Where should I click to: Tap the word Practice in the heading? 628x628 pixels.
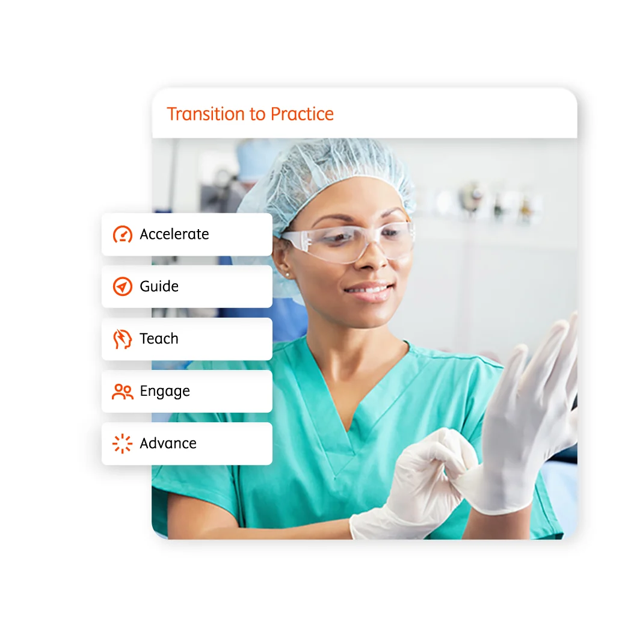click(x=302, y=114)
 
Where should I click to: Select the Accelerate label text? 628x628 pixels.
click(x=174, y=234)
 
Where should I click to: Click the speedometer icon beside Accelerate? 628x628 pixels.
click(x=123, y=234)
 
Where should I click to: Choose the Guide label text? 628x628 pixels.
click(x=159, y=286)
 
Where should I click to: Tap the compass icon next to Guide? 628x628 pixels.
click(x=123, y=286)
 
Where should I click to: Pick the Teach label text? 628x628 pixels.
click(x=159, y=339)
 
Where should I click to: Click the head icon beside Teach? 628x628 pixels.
click(x=123, y=339)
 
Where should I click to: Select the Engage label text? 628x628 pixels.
click(x=165, y=391)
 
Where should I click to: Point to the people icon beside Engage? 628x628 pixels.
click(x=123, y=391)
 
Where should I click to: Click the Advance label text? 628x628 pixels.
click(x=168, y=443)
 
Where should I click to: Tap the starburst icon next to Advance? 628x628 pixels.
click(x=123, y=443)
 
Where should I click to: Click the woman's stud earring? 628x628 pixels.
click(x=288, y=274)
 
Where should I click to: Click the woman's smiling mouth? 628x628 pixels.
click(x=368, y=291)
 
